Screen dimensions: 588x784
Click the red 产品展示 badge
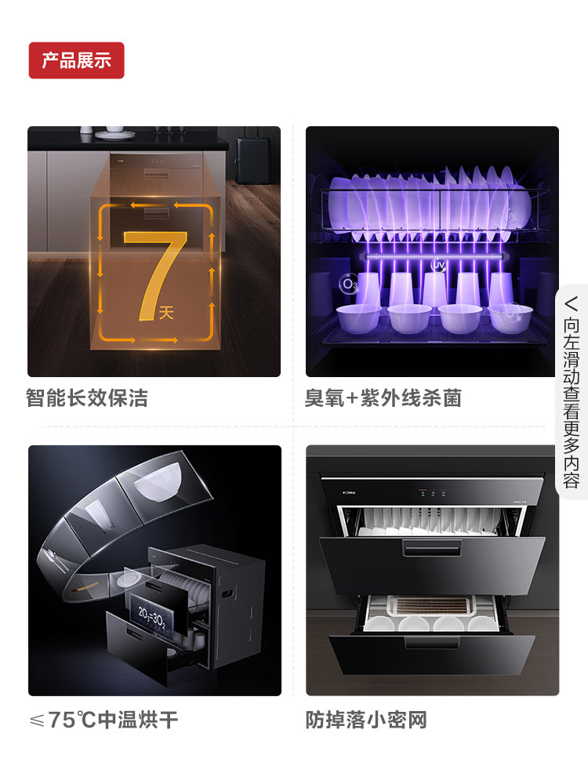click(x=77, y=60)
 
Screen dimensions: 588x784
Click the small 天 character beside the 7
click(x=166, y=314)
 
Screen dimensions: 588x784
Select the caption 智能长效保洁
click(x=87, y=398)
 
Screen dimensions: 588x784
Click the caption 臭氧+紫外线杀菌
click(x=383, y=398)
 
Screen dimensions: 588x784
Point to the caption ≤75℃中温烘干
click(x=103, y=720)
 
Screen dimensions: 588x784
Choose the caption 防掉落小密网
click(x=366, y=720)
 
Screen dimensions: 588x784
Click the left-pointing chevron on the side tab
click(x=571, y=303)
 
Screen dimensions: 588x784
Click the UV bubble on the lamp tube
click(x=438, y=265)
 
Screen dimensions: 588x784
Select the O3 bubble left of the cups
click(x=348, y=284)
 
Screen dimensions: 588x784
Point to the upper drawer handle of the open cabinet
click(x=432, y=548)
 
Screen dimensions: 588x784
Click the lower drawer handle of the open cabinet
click(x=432, y=643)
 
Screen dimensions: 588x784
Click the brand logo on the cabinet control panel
click(x=349, y=492)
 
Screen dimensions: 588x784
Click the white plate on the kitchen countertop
click(x=115, y=134)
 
